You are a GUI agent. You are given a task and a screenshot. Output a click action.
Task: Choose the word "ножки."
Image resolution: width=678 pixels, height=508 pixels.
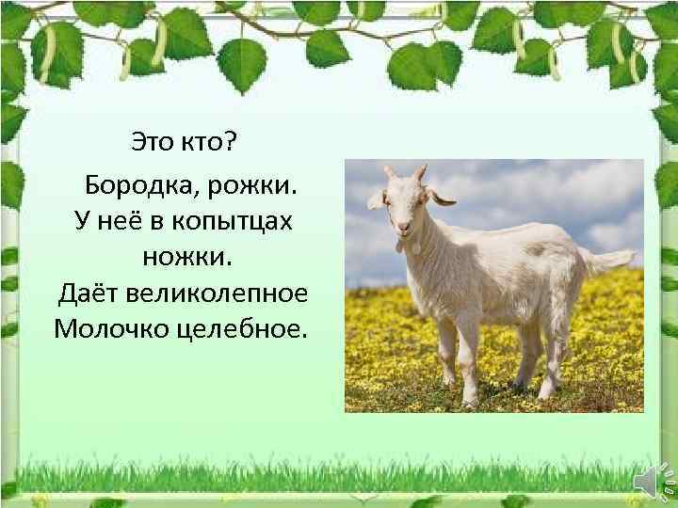tap(183, 256)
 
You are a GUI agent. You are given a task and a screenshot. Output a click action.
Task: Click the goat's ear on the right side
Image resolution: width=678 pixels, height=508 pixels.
tap(441, 198)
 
